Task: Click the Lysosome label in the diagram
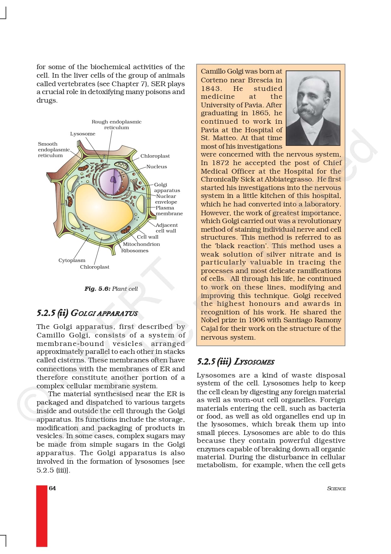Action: click(x=83, y=134)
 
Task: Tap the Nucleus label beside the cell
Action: click(x=157, y=167)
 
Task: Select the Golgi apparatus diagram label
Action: click(x=167, y=188)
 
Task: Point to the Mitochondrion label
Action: click(x=141, y=244)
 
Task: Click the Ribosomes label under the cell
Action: click(x=135, y=251)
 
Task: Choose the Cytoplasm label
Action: click(x=72, y=260)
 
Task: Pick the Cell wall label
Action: click(x=148, y=237)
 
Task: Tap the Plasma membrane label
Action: click(x=169, y=211)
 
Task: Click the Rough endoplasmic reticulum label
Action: click(x=116, y=124)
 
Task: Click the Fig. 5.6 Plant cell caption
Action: click(x=111, y=289)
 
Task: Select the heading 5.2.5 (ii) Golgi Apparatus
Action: click(x=87, y=313)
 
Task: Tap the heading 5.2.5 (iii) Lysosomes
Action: click(x=236, y=362)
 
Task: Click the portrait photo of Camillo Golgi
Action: click(x=313, y=108)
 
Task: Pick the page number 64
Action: click(x=52, y=488)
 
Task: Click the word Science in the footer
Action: click(x=336, y=489)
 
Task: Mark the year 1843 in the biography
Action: click(x=211, y=89)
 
